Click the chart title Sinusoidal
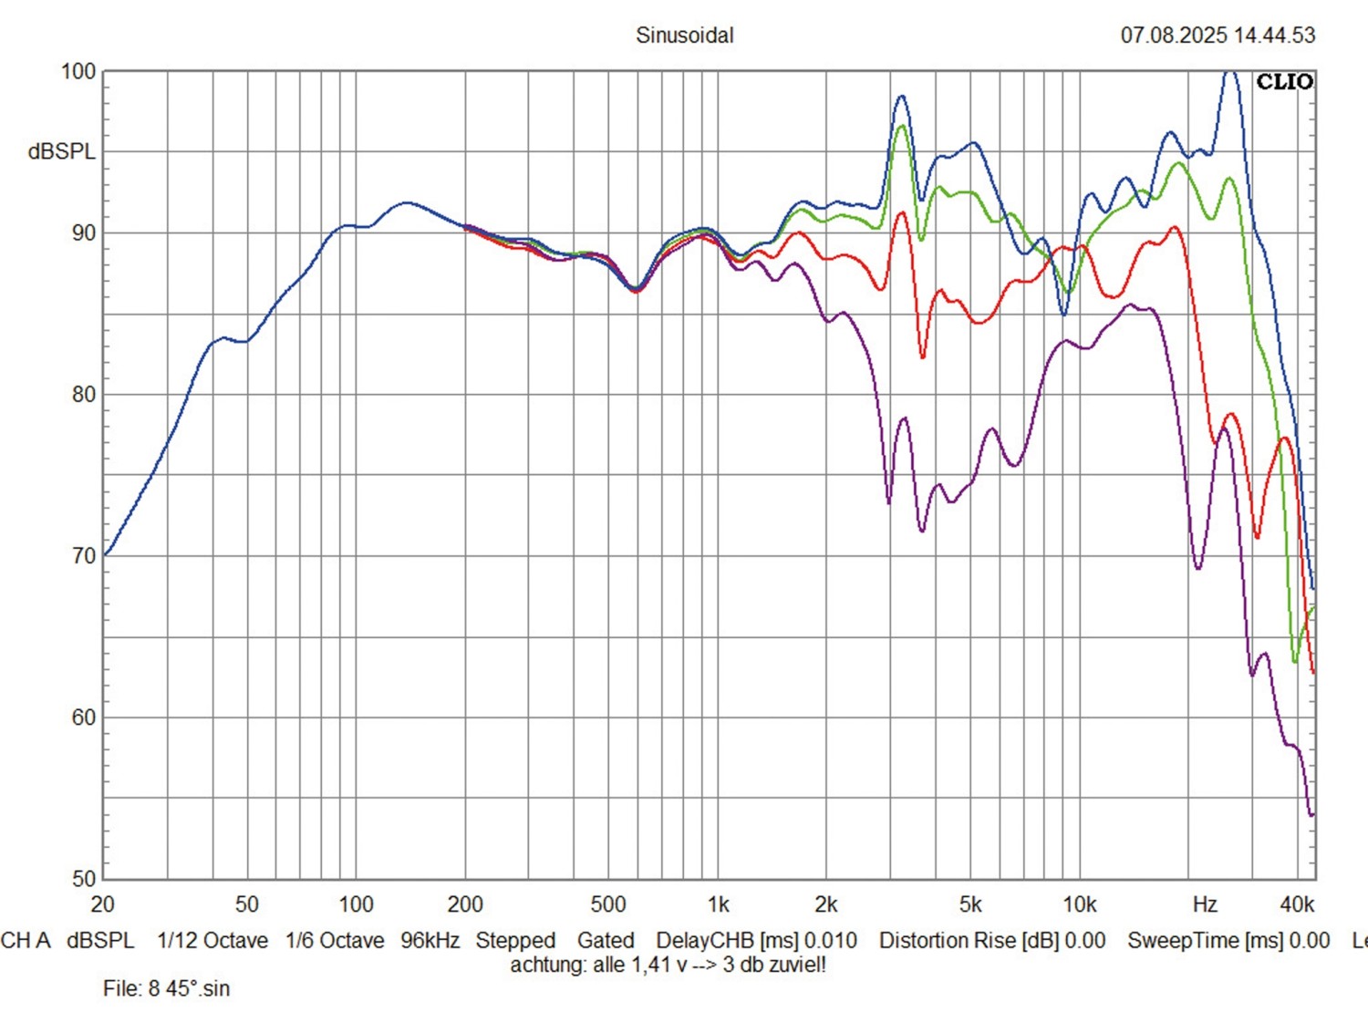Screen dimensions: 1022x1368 point(684,36)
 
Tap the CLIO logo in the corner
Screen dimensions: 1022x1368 point(1284,82)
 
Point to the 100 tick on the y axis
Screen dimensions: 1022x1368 point(78,71)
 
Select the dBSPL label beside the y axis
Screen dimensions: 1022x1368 point(61,151)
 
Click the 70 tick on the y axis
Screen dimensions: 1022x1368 point(83,556)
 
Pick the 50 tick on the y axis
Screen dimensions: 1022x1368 point(83,879)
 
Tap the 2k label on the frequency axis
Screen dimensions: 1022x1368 point(825,904)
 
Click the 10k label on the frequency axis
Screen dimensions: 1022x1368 point(1079,904)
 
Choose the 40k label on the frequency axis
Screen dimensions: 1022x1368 point(1297,904)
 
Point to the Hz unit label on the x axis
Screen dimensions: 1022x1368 point(1205,904)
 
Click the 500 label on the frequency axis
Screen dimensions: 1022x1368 point(608,904)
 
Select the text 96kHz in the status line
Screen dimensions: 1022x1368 point(430,940)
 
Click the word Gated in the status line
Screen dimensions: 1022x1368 point(606,940)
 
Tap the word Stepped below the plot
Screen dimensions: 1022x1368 point(515,940)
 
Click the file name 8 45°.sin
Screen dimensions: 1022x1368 point(190,988)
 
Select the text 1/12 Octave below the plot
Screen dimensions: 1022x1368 point(212,940)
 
